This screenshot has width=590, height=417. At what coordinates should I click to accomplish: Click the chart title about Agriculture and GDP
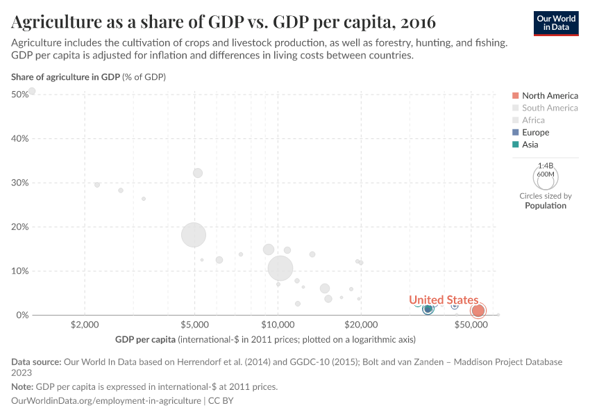pyautogui.click(x=224, y=22)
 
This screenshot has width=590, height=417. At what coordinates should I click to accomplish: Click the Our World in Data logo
pyautogui.click(x=556, y=23)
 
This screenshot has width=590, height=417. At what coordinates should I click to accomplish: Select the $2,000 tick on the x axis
pyautogui.click(x=85, y=325)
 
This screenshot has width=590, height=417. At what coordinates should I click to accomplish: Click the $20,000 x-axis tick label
pyautogui.click(x=360, y=325)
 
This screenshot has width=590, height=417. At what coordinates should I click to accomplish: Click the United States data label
pyautogui.click(x=443, y=300)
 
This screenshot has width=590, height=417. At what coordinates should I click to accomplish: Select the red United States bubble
pyautogui.click(x=478, y=311)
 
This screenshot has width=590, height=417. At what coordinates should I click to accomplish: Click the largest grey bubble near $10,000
pyautogui.click(x=280, y=268)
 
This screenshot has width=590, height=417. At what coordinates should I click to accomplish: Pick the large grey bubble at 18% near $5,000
pyautogui.click(x=194, y=234)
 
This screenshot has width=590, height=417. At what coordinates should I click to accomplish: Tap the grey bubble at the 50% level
pyautogui.click(x=32, y=91)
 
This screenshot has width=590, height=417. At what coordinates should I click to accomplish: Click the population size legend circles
pyautogui.click(x=546, y=176)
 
